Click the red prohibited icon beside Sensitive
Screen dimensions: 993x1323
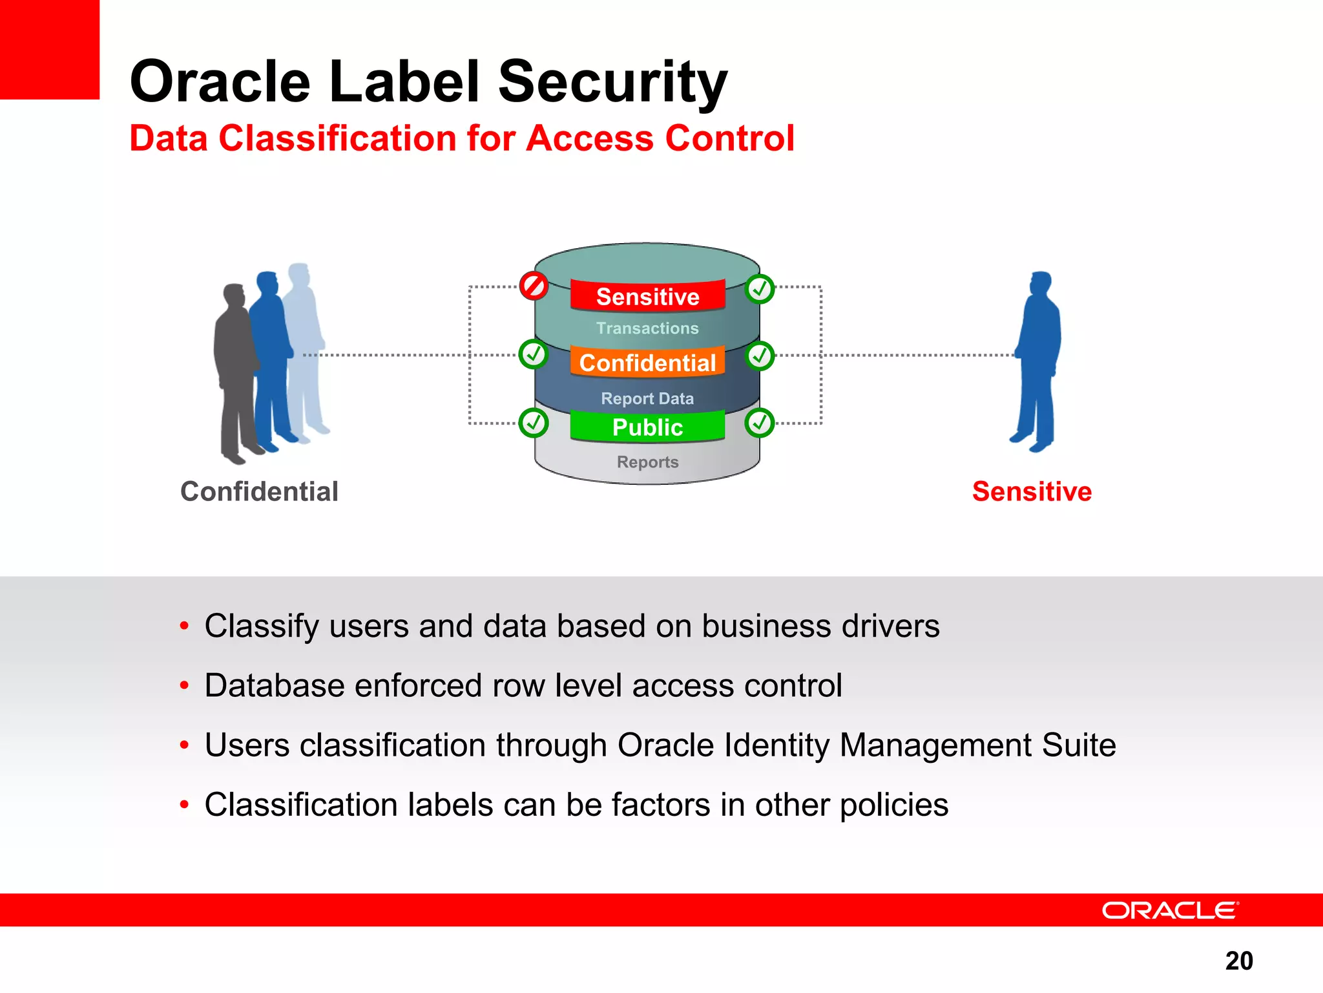coord(534,286)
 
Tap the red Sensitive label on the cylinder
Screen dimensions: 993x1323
coord(647,296)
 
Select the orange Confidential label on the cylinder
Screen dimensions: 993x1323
coord(647,363)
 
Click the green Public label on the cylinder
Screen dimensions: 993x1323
coord(647,427)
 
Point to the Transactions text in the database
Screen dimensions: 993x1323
coord(647,328)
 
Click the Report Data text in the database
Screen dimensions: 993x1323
coord(647,398)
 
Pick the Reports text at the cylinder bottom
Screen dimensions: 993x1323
coord(647,462)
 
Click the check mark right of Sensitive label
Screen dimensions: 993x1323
coord(760,289)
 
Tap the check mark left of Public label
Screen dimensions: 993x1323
coord(534,423)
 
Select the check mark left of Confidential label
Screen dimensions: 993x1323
coord(534,354)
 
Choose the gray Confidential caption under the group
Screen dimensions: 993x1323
coord(259,491)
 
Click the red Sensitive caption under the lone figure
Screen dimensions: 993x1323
coord(1032,491)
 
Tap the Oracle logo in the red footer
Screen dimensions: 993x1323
coord(1170,910)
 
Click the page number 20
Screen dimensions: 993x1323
coord(1238,961)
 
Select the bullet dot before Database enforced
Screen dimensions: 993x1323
coord(185,685)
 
